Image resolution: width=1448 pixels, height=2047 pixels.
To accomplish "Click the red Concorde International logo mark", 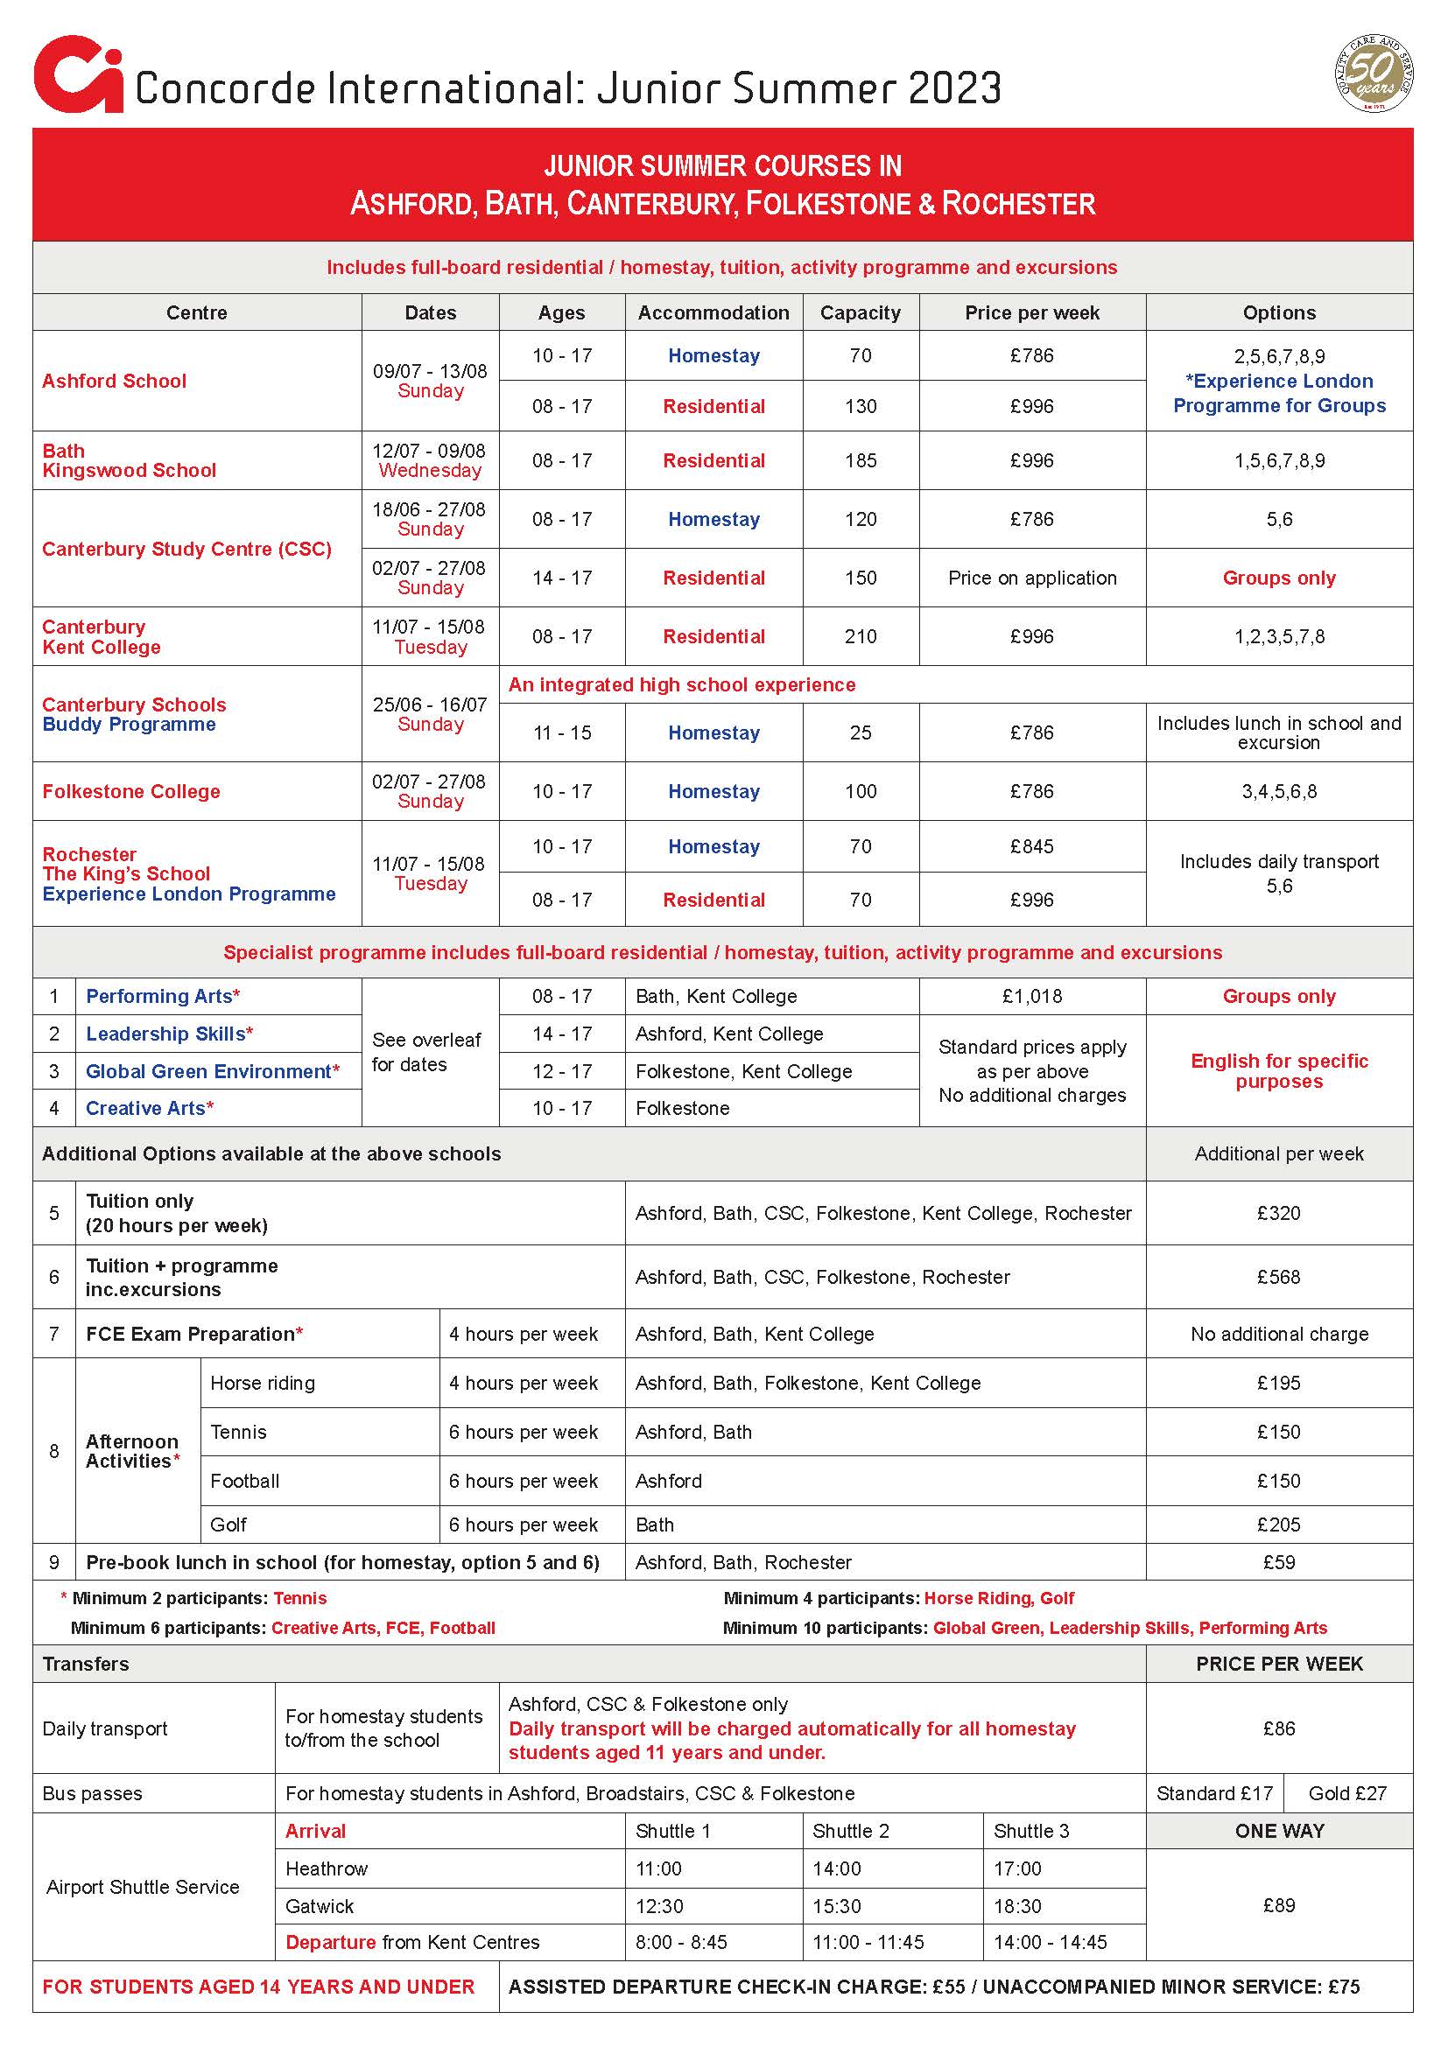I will click(x=78, y=75).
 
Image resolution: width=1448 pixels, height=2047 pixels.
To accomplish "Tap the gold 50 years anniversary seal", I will click(x=1373, y=74).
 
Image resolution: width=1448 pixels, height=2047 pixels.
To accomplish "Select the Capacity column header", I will click(x=860, y=313).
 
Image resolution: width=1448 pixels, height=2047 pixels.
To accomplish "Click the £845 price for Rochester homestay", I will click(x=1030, y=846).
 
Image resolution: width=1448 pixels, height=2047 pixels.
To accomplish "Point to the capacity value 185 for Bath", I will click(x=860, y=460).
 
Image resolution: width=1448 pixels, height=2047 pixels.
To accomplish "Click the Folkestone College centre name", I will click(x=131, y=791).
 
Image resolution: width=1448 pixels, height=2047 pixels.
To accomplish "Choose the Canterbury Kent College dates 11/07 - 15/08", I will click(x=429, y=627).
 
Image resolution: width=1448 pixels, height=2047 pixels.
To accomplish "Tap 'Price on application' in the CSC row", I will click(x=1031, y=578).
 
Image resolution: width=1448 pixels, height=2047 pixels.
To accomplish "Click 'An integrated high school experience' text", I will click(x=681, y=684).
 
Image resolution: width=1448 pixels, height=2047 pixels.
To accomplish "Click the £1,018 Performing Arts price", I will click(x=1031, y=996).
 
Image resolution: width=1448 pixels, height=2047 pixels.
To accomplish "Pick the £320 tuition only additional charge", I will click(x=1277, y=1212).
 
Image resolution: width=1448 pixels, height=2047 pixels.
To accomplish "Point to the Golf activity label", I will click(x=228, y=1525).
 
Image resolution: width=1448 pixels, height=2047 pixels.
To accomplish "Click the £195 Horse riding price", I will click(x=1277, y=1383).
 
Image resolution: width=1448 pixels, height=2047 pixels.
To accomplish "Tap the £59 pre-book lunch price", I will click(x=1277, y=1562).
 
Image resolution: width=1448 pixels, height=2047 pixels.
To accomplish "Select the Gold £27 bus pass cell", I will click(x=1346, y=1793).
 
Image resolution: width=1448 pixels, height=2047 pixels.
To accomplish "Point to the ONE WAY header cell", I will click(x=1278, y=1830).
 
